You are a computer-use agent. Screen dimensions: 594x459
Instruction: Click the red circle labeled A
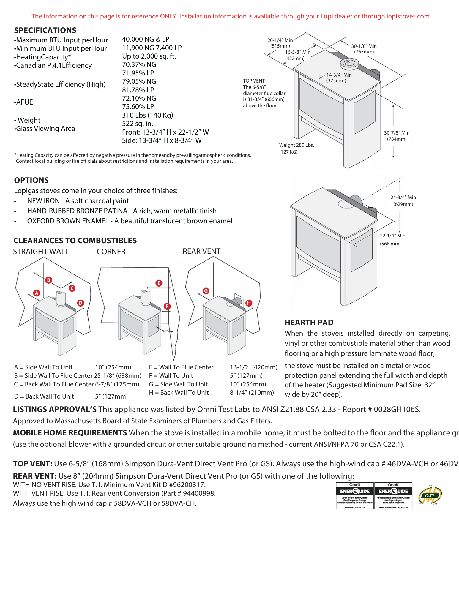[37, 293]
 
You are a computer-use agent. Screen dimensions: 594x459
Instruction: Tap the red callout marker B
[49, 280]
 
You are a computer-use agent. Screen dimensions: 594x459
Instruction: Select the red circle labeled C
[72, 288]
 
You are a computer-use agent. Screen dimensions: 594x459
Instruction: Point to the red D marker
[81, 303]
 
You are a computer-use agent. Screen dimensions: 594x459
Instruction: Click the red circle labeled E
[159, 283]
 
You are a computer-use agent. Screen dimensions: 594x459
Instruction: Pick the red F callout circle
[167, 306]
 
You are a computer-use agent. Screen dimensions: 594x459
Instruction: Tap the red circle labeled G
[206, 291]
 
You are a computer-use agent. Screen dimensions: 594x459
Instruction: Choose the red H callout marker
[249, 303]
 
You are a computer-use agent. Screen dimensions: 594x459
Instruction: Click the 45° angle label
[165, 331]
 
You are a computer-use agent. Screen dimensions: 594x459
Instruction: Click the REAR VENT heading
[201, 252]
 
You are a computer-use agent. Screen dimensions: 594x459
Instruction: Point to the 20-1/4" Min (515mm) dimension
[280, 43]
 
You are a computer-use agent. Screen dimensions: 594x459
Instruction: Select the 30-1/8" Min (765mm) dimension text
[364, 49]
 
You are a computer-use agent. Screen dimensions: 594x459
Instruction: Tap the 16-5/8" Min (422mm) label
[297, 55]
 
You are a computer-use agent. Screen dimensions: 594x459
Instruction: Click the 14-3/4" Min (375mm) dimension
[339, 78]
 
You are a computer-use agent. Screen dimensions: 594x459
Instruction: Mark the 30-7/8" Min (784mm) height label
[397, 136]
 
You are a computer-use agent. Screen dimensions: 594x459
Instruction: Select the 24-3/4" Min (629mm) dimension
[403, 201]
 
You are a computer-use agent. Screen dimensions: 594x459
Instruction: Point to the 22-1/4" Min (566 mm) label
[392, 239]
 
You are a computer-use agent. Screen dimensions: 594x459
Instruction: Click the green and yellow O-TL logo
[430, 496]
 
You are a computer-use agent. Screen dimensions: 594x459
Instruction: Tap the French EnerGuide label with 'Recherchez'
[393, 496]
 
